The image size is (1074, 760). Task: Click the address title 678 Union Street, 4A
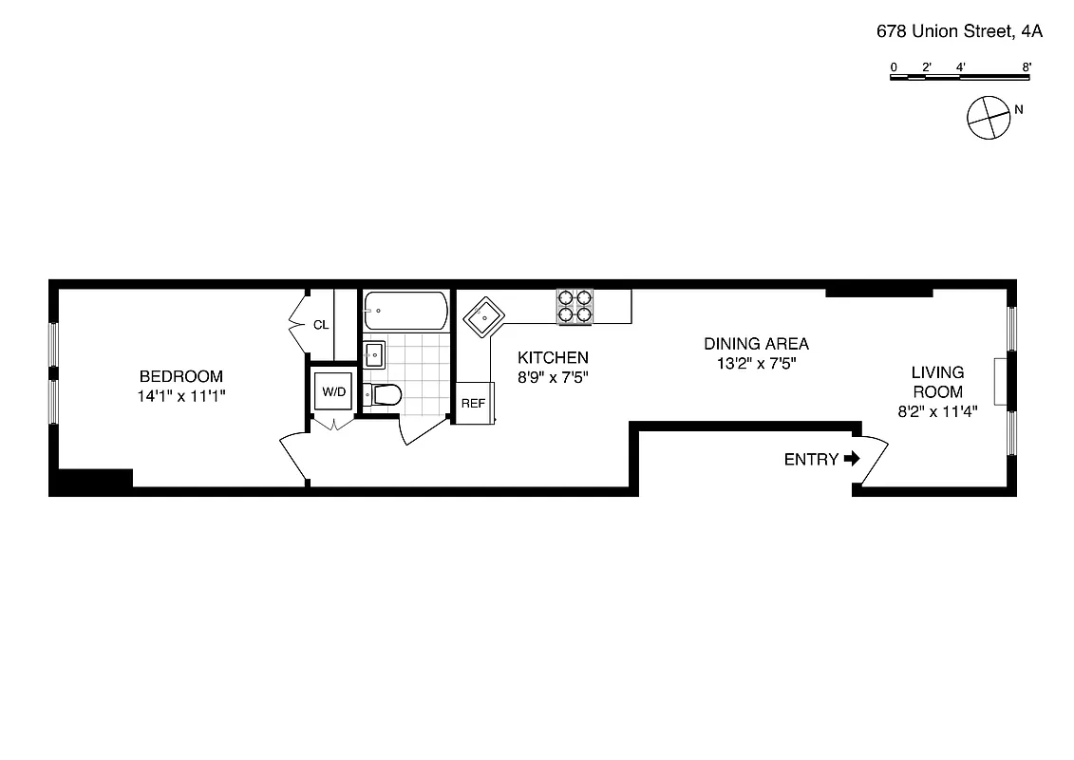click(959, 31)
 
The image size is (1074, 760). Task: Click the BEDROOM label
click(181, 376)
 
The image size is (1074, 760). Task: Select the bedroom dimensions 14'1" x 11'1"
click(181, 396)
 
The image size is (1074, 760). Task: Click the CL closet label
click(321, 325)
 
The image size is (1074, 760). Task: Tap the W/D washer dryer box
click(332, 391)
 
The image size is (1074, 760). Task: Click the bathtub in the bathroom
click(405, 311)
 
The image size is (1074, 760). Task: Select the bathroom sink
click(374, 354)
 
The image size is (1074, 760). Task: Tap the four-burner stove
click(575, 306)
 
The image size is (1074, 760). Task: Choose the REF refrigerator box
click(473, 403)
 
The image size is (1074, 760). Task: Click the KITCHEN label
click(553, 357)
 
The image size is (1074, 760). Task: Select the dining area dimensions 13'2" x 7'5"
click(756, 363)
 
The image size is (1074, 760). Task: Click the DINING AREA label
click(756, 344)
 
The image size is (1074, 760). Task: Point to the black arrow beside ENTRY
click(852, 459)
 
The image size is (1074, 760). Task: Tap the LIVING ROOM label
click(937, 382)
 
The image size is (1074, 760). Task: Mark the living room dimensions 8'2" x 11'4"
click(937, 411)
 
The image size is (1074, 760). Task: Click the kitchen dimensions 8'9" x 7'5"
click(553, 377)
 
